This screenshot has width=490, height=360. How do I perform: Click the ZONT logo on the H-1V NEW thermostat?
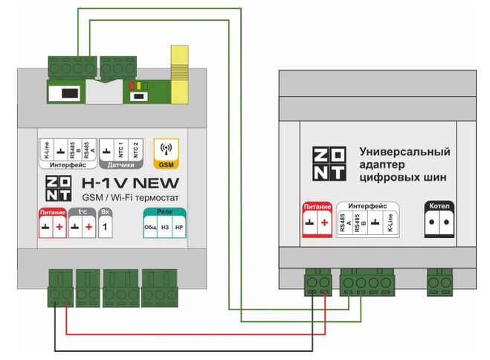[x=58, y=189]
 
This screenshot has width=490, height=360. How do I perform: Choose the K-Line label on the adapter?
[x=389, y=225]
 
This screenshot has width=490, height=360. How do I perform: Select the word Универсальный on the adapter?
[x=404, y=152]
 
